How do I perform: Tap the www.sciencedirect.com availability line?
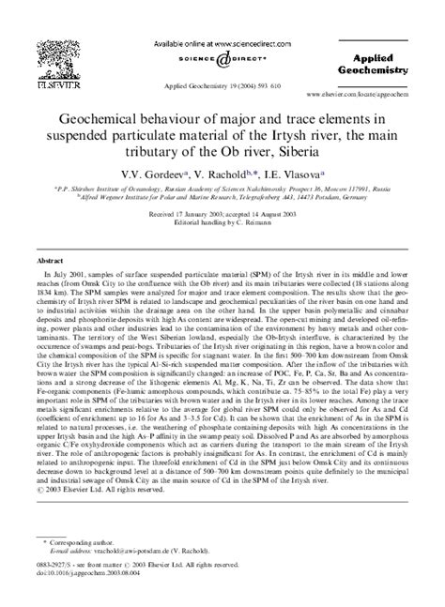pos(222,44)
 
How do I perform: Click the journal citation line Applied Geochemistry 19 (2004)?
pos(222,84)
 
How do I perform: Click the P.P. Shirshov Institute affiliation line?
pos(222,188)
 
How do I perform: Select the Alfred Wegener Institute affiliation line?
pos(222,198)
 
